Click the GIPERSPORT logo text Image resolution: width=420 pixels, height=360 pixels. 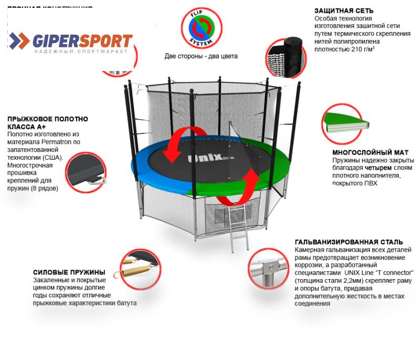[83, 40]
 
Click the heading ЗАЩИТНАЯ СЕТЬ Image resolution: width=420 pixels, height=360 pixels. [344, 11]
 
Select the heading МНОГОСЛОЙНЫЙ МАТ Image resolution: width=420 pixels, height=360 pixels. [368, 152]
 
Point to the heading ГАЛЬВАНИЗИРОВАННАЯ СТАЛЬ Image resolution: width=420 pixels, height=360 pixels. [349, 242]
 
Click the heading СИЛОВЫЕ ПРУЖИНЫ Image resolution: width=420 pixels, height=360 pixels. [69, 272]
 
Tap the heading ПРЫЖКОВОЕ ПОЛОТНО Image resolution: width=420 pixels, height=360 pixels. [47, 119]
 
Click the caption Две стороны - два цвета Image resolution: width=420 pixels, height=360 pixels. [201, 56]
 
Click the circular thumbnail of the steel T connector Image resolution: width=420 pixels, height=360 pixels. [268, 269]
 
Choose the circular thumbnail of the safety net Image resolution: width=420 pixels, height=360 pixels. [284, 54]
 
